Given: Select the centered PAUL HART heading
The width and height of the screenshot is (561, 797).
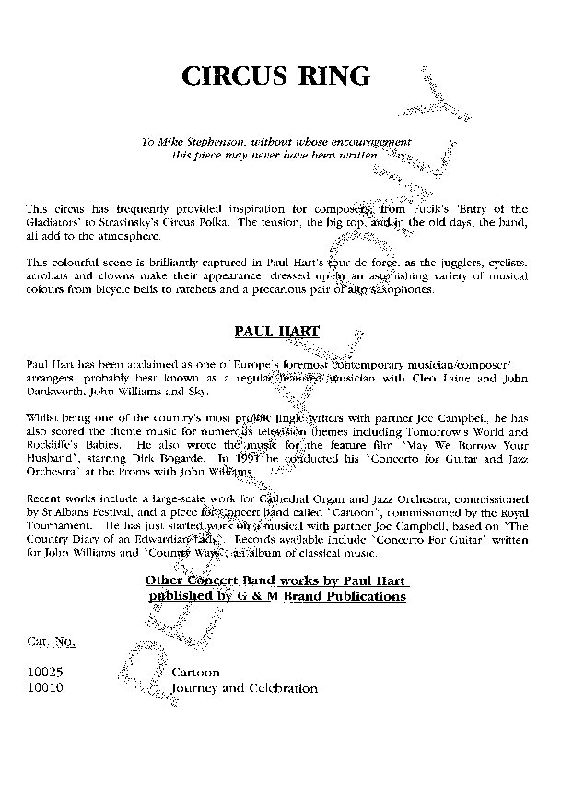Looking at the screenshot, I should click(278, 326).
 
